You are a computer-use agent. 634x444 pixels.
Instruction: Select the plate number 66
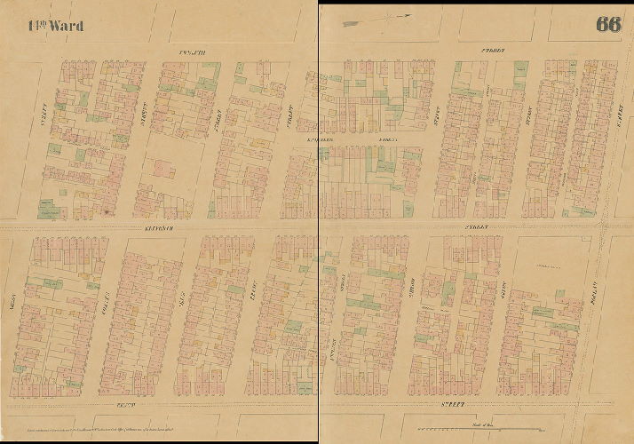coord(608,24)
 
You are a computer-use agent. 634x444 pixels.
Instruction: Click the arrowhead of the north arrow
coord(408,15)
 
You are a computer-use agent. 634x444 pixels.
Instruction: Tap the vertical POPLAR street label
coord(590,293)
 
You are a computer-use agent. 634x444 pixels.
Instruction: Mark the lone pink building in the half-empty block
coord(163,168)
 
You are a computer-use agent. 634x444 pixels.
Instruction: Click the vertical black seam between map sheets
coord(318,222)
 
